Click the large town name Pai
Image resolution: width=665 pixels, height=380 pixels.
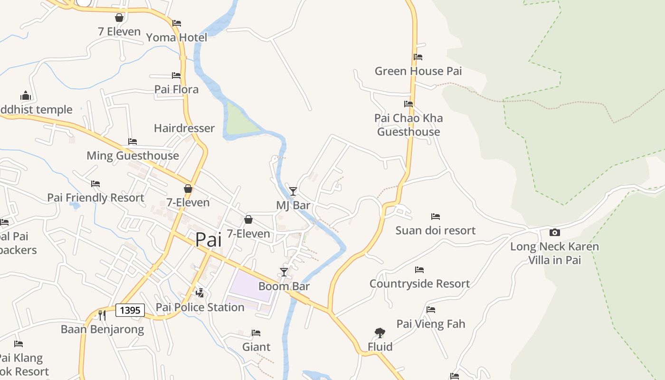click(209, 239)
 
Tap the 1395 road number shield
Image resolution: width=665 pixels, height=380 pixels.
click(130, 310)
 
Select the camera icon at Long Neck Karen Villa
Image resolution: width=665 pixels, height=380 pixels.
click(554, 232)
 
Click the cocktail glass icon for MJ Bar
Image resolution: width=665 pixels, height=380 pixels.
click(293, 191)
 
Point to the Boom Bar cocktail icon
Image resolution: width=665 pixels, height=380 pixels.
click(284, 272)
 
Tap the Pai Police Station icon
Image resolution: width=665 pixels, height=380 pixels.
click(200, 293)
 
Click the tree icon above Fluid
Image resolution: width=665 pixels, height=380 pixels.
click(380, 332)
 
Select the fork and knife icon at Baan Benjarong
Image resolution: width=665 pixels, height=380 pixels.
click(102, 315)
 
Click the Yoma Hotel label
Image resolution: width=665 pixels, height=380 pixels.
click(176, 38)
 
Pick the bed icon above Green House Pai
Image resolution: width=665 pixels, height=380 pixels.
click(418, 57)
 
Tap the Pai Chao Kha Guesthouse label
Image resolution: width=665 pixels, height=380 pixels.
click(408, 125)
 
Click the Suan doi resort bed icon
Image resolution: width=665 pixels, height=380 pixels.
click(436, 217)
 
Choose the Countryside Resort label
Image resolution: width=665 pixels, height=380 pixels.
click(419, 284)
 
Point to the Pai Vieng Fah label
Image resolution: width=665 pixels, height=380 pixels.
click(431, 324)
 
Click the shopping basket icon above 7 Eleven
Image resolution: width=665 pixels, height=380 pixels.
click(119, 18)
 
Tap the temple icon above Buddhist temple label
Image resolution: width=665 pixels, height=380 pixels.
click(26, 95)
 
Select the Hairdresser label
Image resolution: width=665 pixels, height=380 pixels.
click(184, 128)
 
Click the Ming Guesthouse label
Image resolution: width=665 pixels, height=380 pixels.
click(133, 156)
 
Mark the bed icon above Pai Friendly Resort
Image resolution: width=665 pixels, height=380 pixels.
click(95, 183)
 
